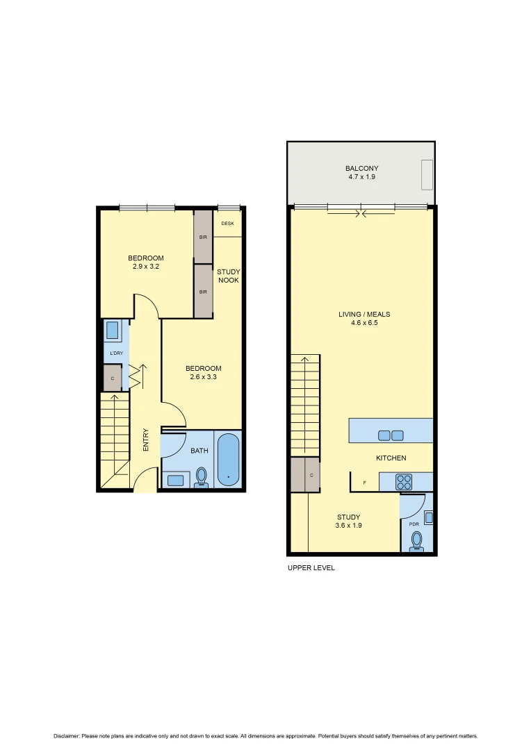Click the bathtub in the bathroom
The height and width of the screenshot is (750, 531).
[x=228, y=460]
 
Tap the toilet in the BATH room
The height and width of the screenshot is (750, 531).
[x=202, y=476]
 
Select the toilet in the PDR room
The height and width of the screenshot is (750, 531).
[x=417, y=540]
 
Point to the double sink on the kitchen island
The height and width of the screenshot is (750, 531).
[x=391, y=435]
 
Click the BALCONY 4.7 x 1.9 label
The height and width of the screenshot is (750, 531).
[x=361, y=172]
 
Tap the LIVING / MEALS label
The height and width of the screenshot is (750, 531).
[x=362, y=318]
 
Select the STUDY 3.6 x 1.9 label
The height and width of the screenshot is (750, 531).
[x=348, y=521]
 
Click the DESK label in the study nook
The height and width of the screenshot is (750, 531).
[x=227, y=224]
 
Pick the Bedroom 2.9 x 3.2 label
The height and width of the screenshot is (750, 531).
[x=146, y=262]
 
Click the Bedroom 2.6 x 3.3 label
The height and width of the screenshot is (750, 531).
[x=204, y=372]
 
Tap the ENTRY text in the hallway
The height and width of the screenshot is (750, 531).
[x=146, y=440]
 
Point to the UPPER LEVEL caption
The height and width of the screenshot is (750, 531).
[x=311, y=568]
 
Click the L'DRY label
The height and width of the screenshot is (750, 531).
[x=116, y=353]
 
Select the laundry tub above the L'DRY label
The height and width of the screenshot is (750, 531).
[x=114, y=331]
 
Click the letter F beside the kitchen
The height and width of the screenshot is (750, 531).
[x=363, y=482]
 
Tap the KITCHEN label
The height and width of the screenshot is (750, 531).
[x=391, y=458]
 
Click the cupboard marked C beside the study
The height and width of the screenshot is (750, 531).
[x=305, y=475]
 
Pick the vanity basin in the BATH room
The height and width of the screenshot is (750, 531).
[x=175, y=479]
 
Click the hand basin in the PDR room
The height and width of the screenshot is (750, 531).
[x=429, y=517]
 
